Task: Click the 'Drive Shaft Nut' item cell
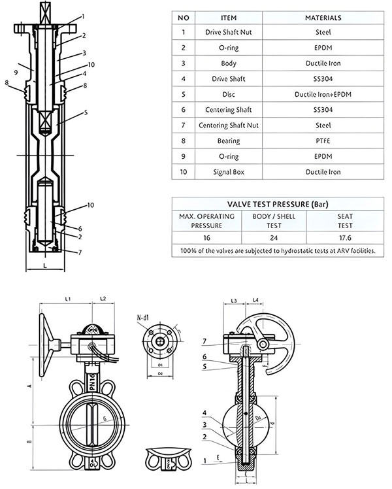[x=229, y=32]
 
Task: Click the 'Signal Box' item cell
[x=229, y=172]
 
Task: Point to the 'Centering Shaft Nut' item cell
[x=229, y=126]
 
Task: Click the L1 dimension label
[x=67, y=299]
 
